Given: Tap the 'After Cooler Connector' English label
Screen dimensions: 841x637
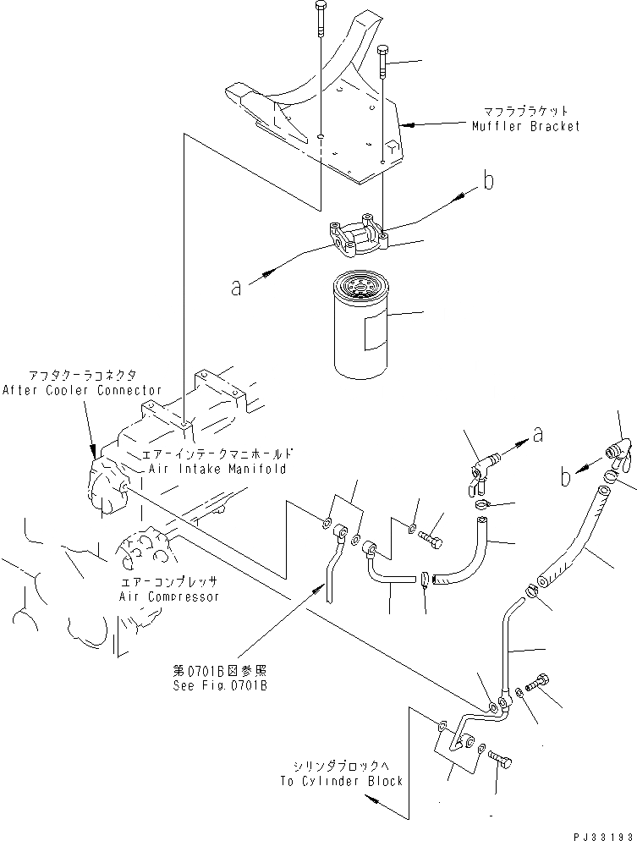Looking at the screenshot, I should click(81, 390).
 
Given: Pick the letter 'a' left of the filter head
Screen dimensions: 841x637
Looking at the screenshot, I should click(237, 288).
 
